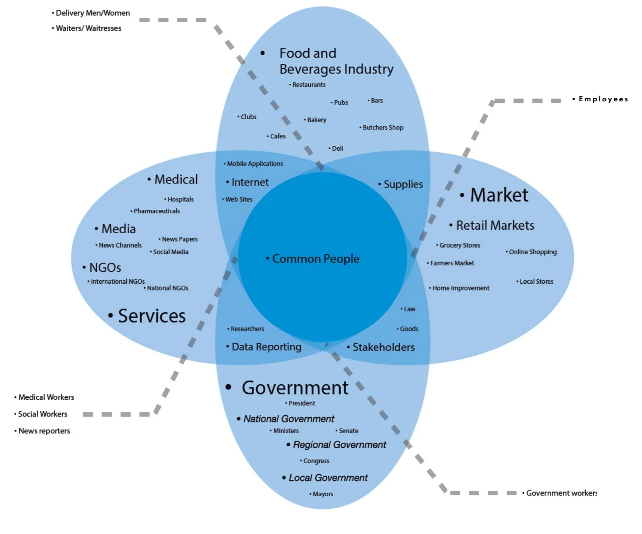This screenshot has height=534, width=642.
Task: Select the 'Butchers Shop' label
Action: pyautogui.click(x=383, y=128)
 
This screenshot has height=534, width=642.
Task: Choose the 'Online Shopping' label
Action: pyautogui.click(x=532, y=252)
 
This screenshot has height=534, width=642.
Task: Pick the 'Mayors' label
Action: pyautogui.click(x=323, y=494)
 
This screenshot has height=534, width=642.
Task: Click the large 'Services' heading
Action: pyautogui.click(x=151, y=316)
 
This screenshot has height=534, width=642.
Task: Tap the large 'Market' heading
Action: pyautogui.click(x=499, y=195)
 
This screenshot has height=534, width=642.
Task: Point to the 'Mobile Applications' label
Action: pyautogui.click(x=255, y=164)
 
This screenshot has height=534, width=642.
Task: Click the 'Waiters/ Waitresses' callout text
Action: pyautogui.click(x=88, y=28)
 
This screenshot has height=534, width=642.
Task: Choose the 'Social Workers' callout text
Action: pyautogui.click(x=43, y=414)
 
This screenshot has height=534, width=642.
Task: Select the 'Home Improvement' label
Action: pyautogui.click(x=460, y=288)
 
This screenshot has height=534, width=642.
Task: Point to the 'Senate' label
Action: pyautogui.click(x=348, y=431)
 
